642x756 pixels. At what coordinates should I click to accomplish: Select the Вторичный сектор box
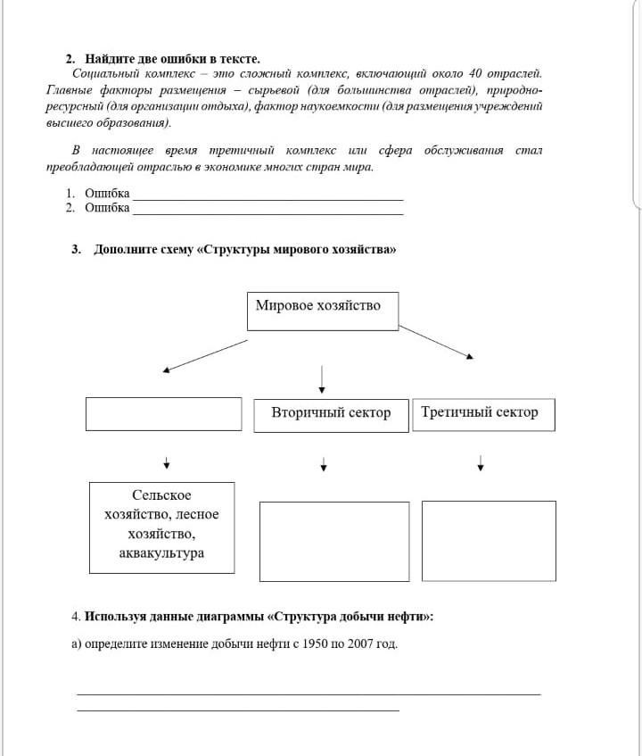(331, 414)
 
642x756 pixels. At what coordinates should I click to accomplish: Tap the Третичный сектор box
(482, 414)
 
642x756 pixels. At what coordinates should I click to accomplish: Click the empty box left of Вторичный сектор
(163, 414)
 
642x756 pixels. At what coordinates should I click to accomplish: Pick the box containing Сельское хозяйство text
(161, 528)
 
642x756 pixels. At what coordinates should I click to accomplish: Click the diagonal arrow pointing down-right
(437, 342)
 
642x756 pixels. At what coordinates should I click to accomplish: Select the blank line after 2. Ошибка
(267, 211)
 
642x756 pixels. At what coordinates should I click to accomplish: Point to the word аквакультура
(161, 553)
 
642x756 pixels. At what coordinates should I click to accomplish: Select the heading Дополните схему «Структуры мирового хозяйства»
(245, 249)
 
